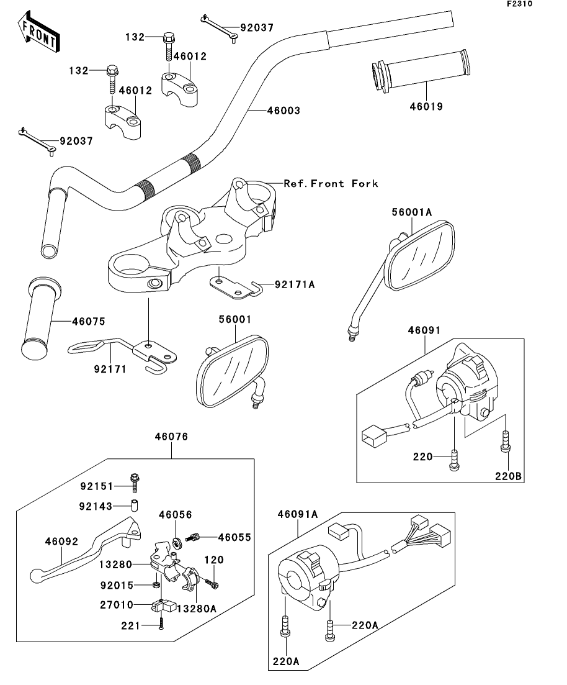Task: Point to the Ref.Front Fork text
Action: (x=331, y=184)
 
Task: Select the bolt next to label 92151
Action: (x=134, y=485)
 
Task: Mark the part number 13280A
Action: (x=197, y=608)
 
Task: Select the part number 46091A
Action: (x=298, y=514)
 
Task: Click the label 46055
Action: (x=234, y=537)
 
